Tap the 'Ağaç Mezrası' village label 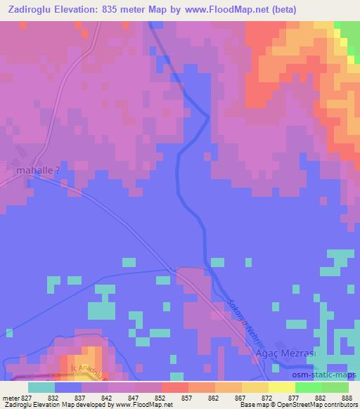287,354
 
